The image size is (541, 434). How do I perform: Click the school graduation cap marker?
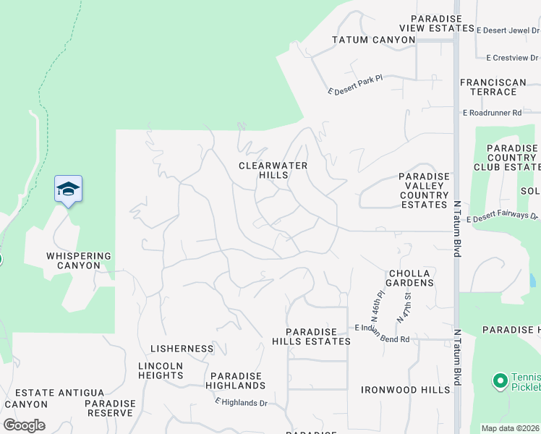pyautogui.click(x=68, y=190)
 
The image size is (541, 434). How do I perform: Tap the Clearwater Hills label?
pyautogui.click(x=273, y=171)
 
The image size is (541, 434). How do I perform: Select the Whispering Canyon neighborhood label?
pyautogui.click(x=79, y=260)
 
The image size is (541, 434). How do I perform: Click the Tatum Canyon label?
pyautogui.click(x=373, y=40)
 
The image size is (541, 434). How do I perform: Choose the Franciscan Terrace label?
pyautogui.click(x=493, y=88)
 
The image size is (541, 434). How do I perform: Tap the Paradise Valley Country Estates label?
pyautogui.click(x=424, y=190)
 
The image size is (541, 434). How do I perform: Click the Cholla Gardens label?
pyautogui.click(x=409, y=278)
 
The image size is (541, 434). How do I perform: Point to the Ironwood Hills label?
pyautogui.click(x=406, y=390)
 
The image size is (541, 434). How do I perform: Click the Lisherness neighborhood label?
pyautogui.click(x=182, y=349)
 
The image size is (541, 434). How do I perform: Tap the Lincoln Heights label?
pyautogui.click(x=161, y=371)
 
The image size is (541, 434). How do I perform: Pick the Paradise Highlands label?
pyautogui.click(x=237, y=381)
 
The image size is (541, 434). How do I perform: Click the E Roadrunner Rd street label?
pyautogui.click(x=492, y=113)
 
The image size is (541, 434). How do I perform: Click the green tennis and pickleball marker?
pyautogui.click(x=499, y=380)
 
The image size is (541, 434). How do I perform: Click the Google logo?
pyautogui.click(x=24, y=425)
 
